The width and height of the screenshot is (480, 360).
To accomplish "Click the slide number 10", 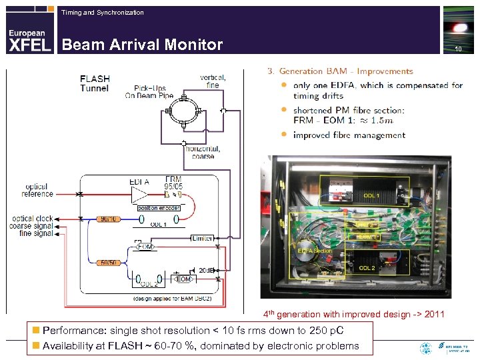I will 457,50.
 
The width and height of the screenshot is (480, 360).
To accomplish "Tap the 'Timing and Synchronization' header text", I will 102,13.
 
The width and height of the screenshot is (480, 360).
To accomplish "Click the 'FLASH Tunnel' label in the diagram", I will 95,83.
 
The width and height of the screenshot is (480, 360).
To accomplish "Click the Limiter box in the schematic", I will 201,238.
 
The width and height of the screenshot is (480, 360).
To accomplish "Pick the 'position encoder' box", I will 159,208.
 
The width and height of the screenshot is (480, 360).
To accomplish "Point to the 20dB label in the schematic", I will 207,270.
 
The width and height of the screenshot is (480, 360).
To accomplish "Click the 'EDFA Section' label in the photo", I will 314,250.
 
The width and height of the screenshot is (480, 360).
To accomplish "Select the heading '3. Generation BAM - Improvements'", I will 339,71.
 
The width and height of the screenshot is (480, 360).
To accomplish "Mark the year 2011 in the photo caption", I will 433,314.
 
